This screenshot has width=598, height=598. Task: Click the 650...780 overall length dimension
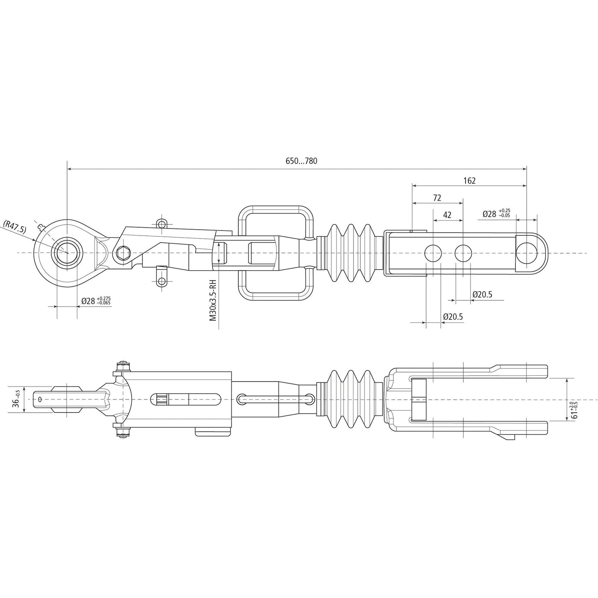pyautogui.click(x=301, y=161)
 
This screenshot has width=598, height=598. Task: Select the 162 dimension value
pyautogui.click(x=469, y=180)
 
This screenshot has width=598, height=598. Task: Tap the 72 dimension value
pyautogui.click(x=437, y=198)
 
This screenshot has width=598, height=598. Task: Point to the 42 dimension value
pyautogui.click(x=447, y=215)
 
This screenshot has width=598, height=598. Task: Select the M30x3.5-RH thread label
pyautogui.click(x=213, y=300)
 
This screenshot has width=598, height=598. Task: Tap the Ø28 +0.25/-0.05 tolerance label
pyautogui.click(x=496, y=214)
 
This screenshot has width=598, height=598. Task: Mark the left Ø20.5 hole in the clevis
pyautogui.click(x=433, y=253)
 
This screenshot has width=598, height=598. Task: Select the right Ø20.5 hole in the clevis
pyautogui.click(x=463, y=253)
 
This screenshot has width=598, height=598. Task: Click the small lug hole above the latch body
pyautogui.click(x=161, y=224)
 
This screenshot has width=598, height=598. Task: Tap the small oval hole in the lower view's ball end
pyautogui.click(x=39, y=399)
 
